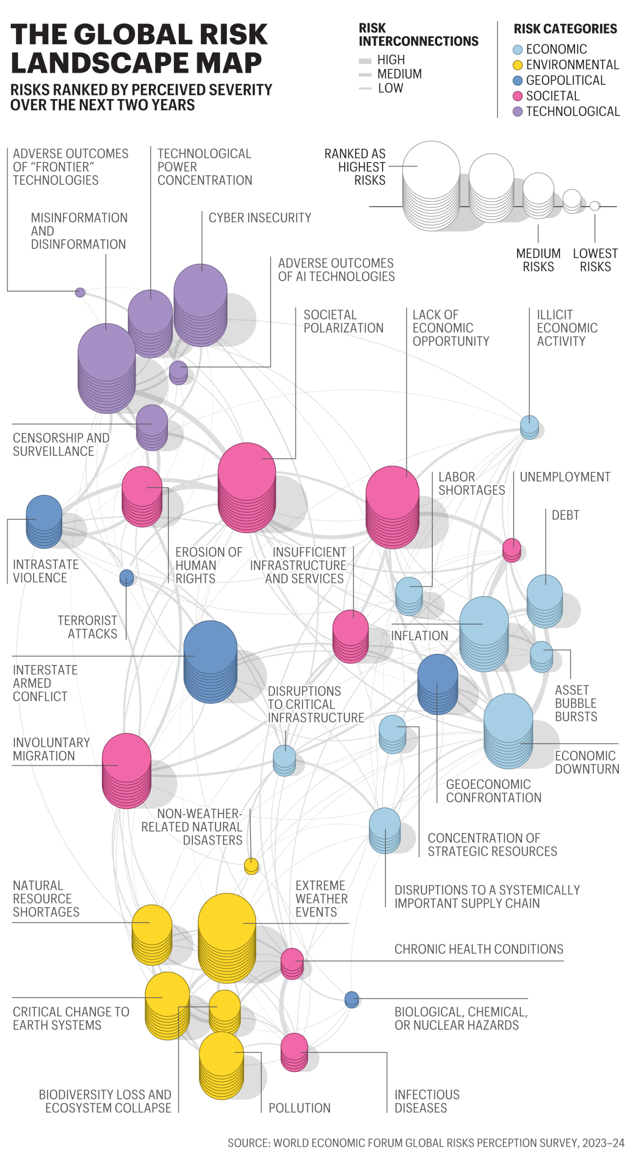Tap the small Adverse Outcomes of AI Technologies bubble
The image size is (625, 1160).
click(178, 372)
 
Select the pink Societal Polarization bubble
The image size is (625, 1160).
click(247, 486)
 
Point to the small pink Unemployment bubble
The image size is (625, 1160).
click(512, 550)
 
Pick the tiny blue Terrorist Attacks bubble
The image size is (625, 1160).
click(126, 577)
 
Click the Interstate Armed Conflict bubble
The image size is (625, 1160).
click(210, 661)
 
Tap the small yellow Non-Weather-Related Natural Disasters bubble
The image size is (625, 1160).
click(251, 865)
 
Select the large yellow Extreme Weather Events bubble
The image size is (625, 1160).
click(227, 937)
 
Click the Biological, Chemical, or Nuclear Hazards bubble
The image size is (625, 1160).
click(352, 999)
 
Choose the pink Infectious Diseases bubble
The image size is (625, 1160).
click(294, 1051)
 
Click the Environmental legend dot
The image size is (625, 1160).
click(517, 65)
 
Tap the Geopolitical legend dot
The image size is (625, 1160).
click(517, 81)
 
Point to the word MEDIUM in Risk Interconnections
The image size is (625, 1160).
click(399, 74)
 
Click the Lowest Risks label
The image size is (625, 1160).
click(595, 260)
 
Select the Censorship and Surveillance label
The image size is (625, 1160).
click(61, 444)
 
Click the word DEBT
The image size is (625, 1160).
click(565, 515)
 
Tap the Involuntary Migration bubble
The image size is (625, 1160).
click(126, 770)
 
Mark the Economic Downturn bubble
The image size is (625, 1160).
click(508, 730)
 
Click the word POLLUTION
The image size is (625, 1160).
click(299, 1107)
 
